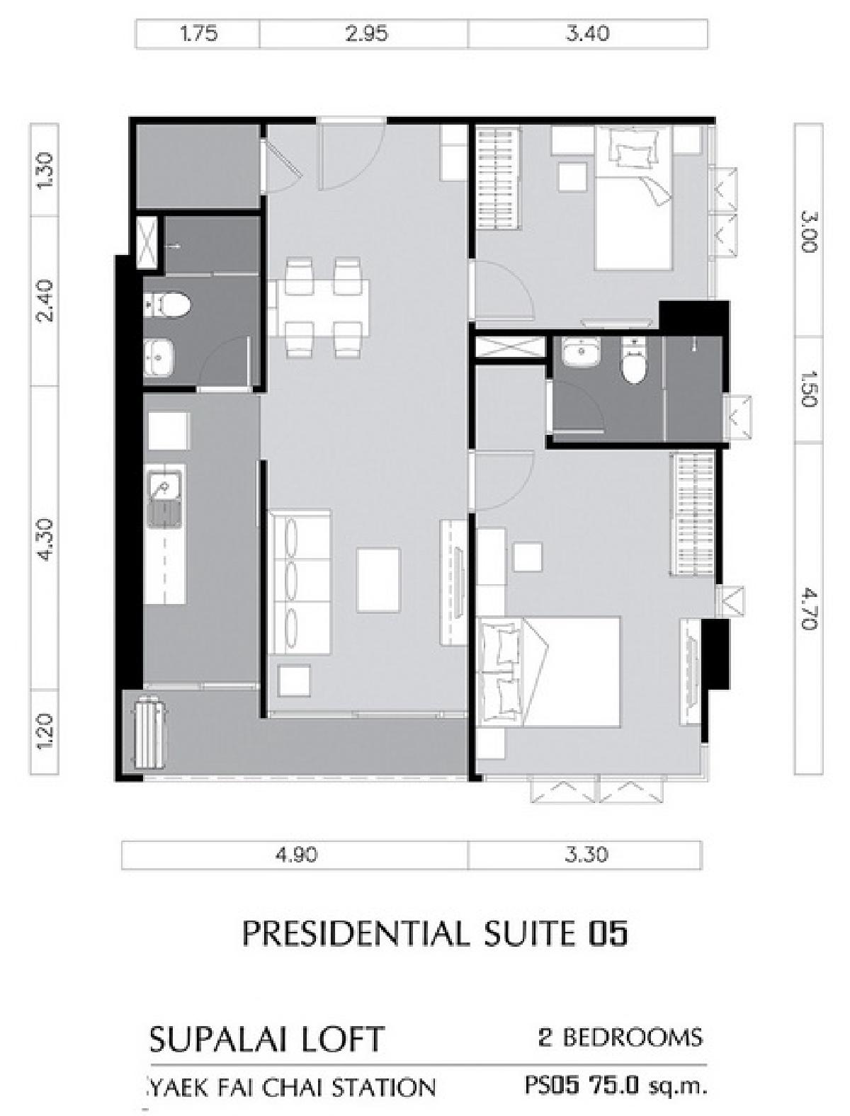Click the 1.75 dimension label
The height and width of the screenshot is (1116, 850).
199,33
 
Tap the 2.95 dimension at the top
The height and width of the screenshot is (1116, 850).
366,33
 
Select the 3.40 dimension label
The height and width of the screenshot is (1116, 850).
588,33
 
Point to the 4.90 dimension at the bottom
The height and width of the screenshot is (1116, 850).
296,855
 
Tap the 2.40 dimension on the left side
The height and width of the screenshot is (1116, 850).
45,300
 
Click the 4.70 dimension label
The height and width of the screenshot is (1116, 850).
808,608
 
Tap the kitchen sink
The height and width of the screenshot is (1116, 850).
165,499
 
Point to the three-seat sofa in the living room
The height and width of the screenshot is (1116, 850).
299,582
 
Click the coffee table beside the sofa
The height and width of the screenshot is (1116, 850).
378,580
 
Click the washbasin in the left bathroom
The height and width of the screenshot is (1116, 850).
159,356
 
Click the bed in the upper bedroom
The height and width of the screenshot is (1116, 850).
633,198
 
